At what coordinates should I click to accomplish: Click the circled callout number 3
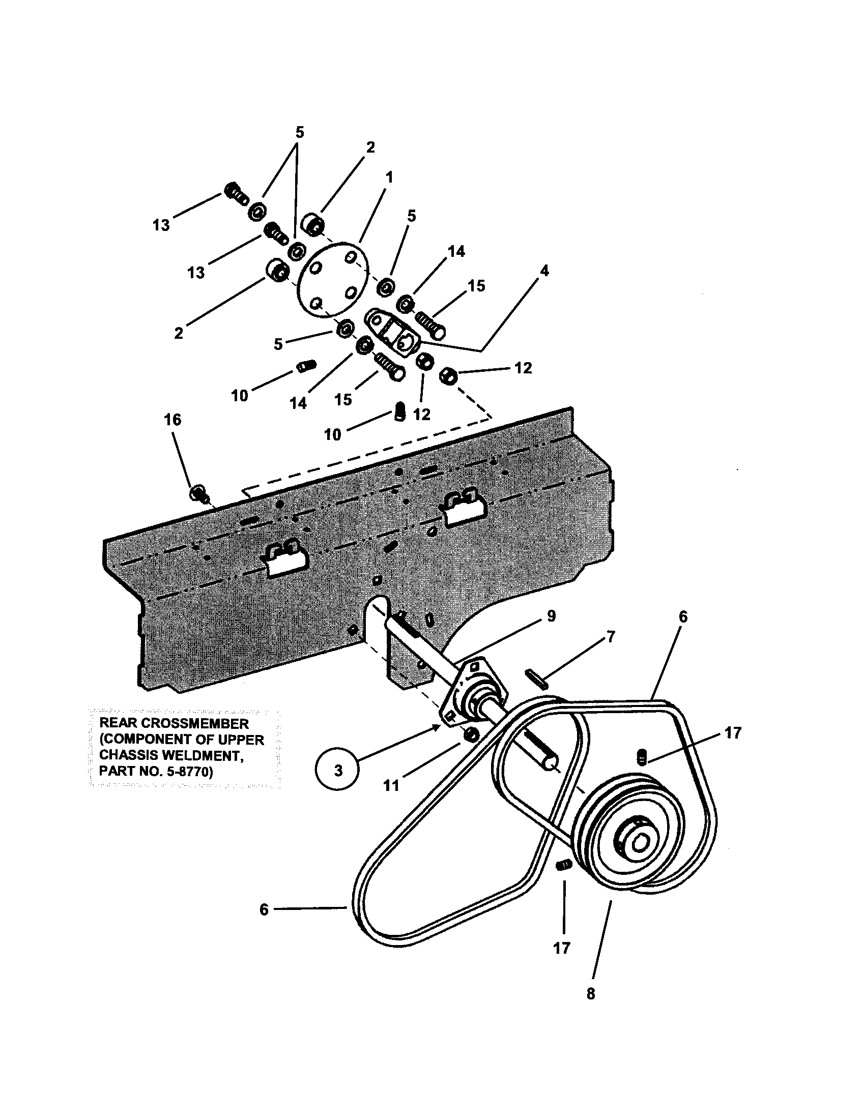coord(338,770)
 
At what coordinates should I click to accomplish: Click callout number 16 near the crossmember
coord(172,420)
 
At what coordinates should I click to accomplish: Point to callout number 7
coord(610,637)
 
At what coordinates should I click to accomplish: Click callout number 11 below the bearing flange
coord(391,785)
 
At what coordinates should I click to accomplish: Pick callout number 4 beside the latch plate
coord(544,271)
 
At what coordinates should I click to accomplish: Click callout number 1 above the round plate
coord(389,178)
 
